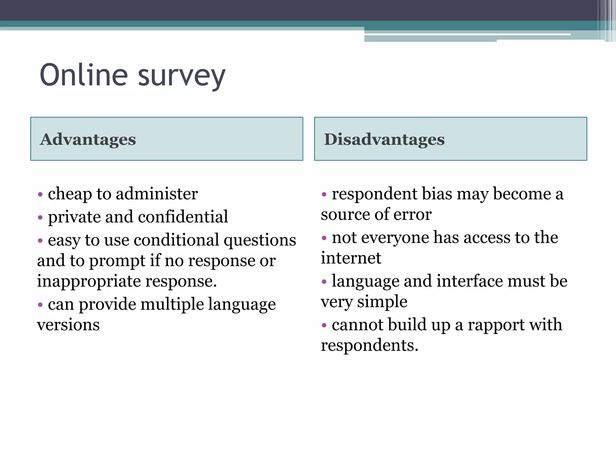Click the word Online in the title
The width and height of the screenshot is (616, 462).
pos(84,75)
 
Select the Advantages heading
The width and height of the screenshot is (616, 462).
pos(88,140)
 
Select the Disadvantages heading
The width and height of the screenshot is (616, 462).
pos(384,140)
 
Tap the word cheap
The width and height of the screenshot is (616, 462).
pos(70,194)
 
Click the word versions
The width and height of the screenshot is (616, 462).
pos(68,325)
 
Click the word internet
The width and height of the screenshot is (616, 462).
pos(351,258)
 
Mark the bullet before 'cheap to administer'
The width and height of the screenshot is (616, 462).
pos(40,194)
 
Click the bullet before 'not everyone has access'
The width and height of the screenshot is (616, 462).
pos(324,238)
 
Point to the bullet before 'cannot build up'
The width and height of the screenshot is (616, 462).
pos(324,325)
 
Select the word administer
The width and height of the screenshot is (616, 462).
pos(157,194)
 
